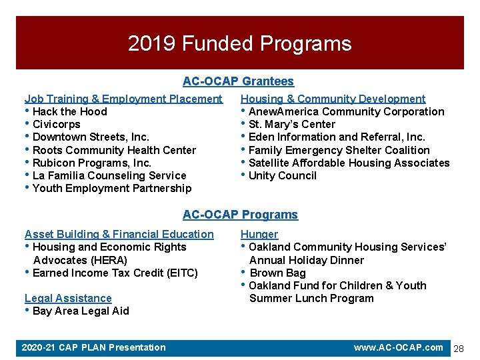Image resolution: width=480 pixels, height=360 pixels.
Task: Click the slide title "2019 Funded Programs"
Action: [239, 44]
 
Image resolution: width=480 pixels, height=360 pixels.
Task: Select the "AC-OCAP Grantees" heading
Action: [238, 81]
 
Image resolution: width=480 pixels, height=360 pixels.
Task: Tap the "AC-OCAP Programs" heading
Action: [240, 215]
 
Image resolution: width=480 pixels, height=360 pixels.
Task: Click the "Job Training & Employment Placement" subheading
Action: [123, 99]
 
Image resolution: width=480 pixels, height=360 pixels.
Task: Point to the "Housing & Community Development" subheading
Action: [333, 99]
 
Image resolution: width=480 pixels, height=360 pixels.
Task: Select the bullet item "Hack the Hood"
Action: [69, 111]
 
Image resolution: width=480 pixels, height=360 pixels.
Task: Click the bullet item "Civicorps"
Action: [56, 124]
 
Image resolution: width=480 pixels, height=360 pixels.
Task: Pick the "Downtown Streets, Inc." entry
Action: [91, 137]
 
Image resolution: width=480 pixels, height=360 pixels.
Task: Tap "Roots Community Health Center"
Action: [114, 150]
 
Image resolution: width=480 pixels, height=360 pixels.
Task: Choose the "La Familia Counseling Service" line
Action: [109, 175]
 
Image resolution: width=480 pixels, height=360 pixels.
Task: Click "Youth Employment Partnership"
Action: [111, 188]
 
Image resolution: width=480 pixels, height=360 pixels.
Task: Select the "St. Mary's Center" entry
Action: [291, 124]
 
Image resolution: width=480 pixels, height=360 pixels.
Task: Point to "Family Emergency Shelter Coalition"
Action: [339, 150]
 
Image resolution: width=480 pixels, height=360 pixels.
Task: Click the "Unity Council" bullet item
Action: [282, 175]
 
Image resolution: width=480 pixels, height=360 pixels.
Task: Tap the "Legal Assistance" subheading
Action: [68, 298]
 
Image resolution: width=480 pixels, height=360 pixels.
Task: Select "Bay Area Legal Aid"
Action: [81, 311]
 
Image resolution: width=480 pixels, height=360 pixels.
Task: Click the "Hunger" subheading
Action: [259, 234]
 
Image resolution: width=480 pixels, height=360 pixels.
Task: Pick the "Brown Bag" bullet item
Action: [277, 273]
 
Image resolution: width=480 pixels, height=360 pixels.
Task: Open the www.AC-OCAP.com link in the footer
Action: [398, 347]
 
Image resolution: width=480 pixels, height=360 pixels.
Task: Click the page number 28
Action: [459, 349]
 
